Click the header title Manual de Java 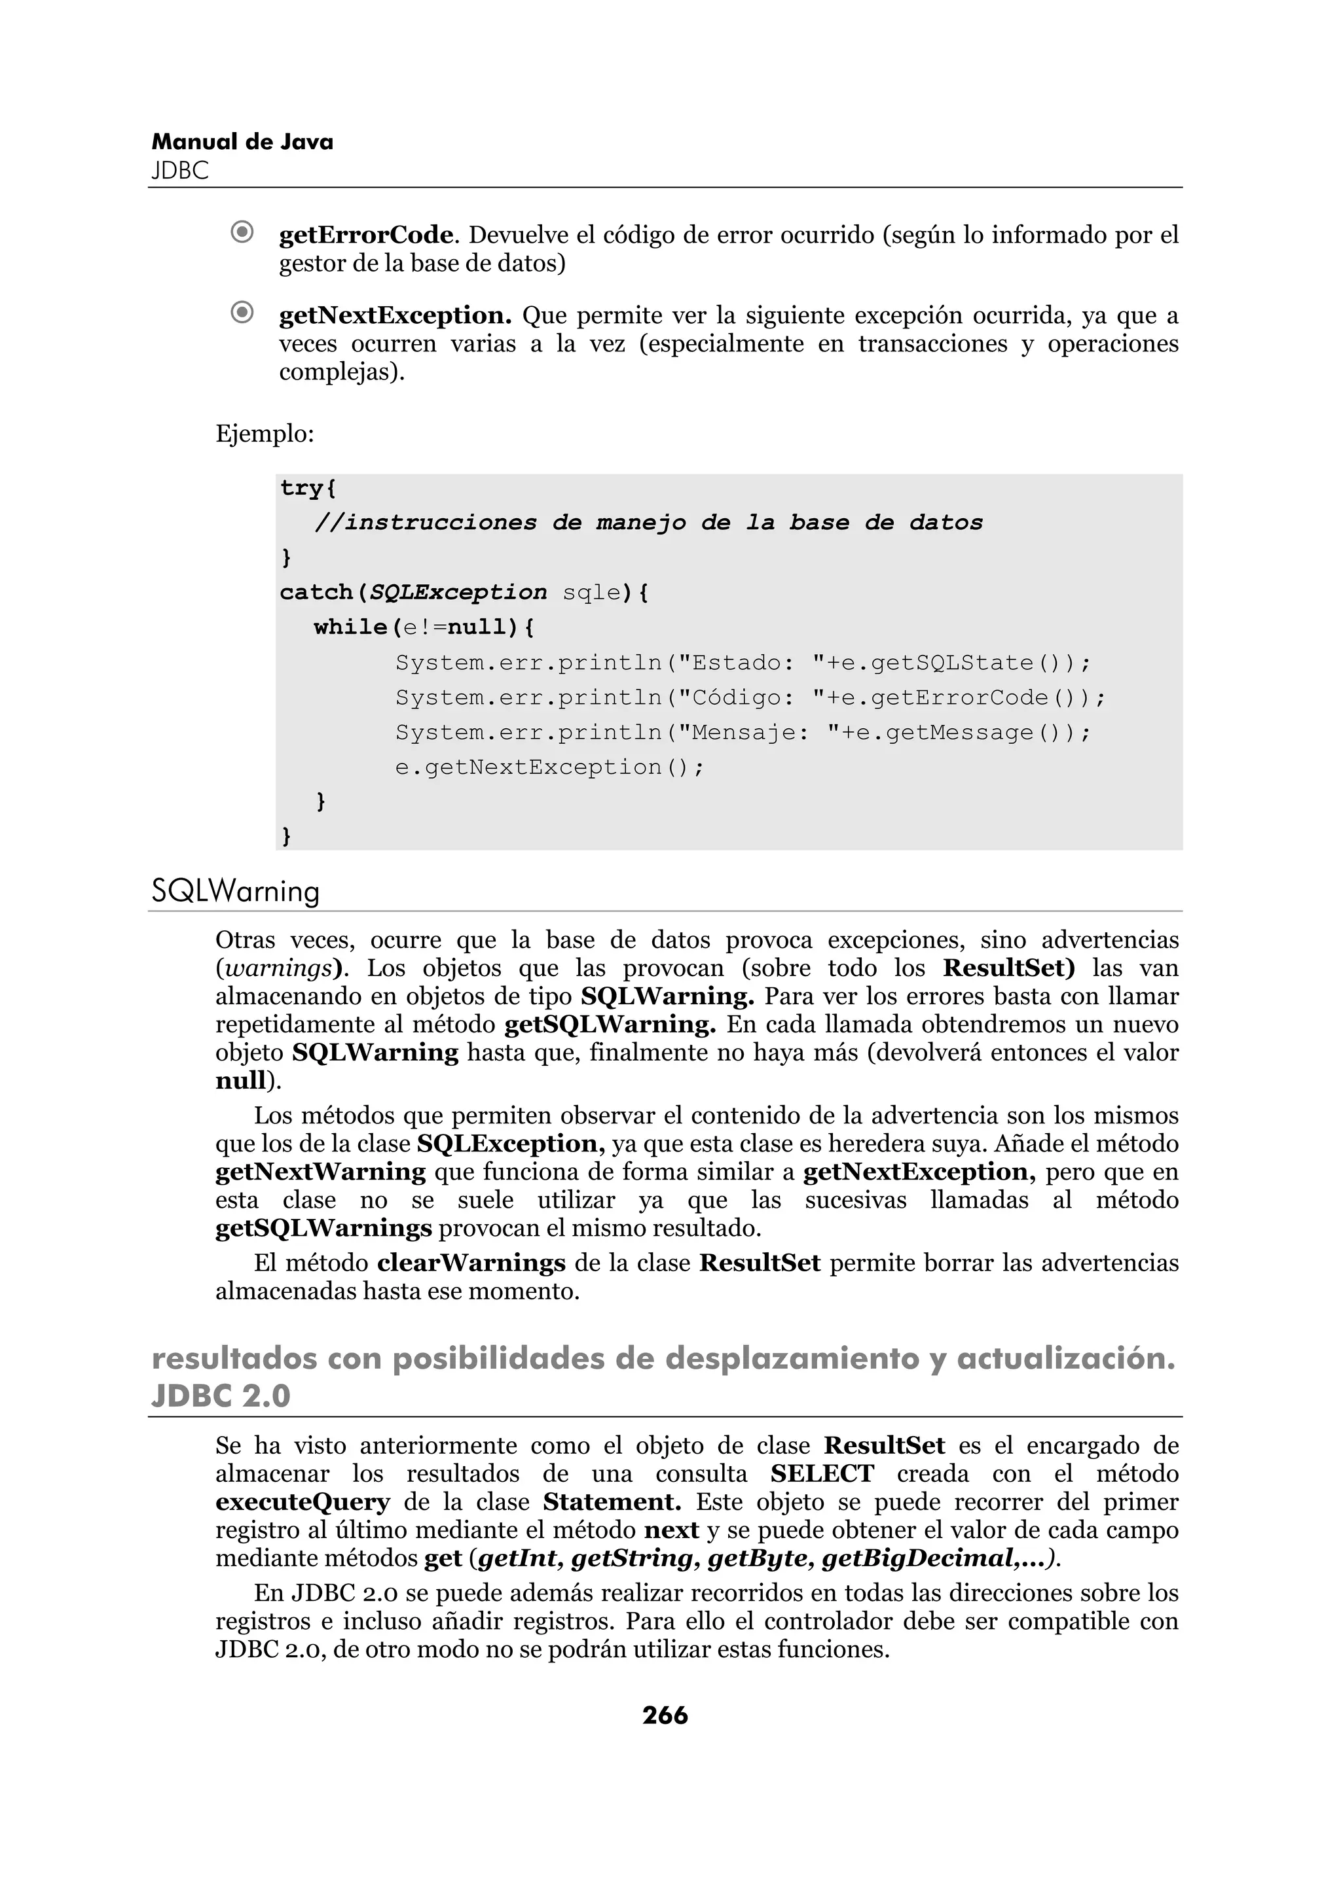[x=242, y=142]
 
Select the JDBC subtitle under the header [x=180, y=171]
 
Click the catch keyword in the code [x=316, y=592]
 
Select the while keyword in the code [x=350, y=627]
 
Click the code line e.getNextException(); [x=549, y=767]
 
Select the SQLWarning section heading [x=236, y=892]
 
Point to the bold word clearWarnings [x=471, y=1263]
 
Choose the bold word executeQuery [x=303, y=1501]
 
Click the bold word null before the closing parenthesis [x=240, y=1080]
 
